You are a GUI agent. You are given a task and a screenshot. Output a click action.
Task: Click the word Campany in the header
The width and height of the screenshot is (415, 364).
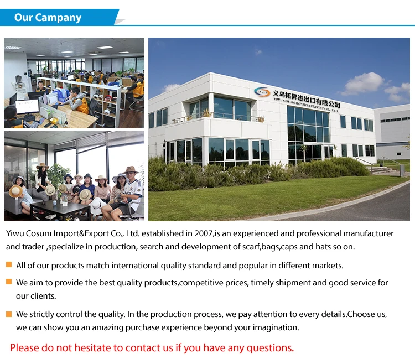58,18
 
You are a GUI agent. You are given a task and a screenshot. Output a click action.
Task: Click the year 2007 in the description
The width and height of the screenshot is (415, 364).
204,233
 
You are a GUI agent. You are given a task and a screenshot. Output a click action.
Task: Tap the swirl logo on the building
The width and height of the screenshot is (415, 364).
262,92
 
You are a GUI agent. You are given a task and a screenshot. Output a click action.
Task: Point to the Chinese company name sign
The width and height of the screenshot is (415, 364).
306,98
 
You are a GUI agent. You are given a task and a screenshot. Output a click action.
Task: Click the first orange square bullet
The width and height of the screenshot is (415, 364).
9,264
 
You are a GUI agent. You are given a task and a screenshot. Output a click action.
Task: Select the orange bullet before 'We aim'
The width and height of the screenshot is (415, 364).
9,282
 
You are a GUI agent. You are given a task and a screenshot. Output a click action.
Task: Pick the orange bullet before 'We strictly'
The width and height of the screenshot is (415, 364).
9,314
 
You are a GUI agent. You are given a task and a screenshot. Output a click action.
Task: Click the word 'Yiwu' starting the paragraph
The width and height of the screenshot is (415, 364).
15,233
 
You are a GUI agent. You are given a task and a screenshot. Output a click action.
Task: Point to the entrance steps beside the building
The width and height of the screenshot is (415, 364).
383,170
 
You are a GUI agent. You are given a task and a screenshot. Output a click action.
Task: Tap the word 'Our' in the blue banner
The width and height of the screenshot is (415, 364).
23,18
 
